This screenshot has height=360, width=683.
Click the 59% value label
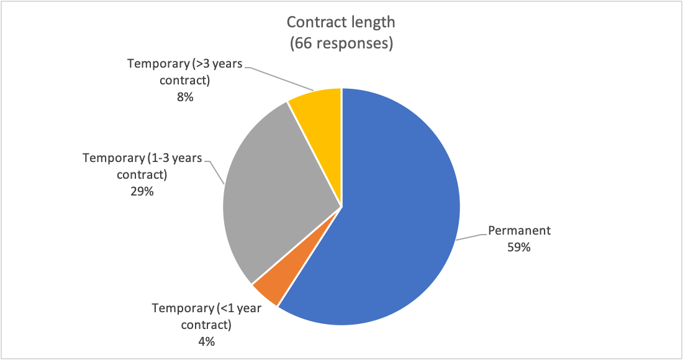coord(518,247)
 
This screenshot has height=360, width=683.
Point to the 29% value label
coord(142,192)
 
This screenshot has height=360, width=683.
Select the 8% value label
coord(184,97)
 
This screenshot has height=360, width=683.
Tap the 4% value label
coord(206,341)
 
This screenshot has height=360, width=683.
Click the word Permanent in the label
coord(519,231)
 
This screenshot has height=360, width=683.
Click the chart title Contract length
coord(340,23)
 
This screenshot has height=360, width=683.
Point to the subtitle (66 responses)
coord(340,45)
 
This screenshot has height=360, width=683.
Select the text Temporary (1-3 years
coord(142,158)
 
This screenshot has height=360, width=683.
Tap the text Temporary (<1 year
coord(207,308)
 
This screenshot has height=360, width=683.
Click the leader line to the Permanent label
coord(470,236)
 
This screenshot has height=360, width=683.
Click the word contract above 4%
coord(207,325)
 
